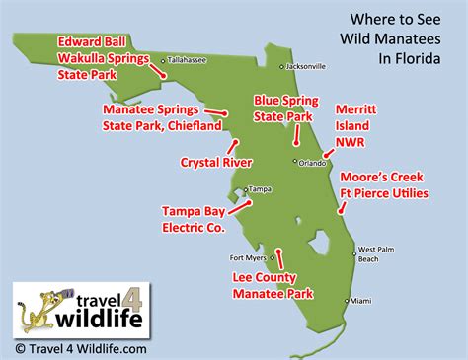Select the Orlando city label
click(x=313, y=162)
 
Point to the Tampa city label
click(x=260, y=188)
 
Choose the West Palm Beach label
click(x=376, y=253)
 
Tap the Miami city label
click(x=363, y=300)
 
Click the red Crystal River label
click(x=216, y=162)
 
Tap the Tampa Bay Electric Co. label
click(x=194, y=218)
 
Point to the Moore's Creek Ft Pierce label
click(x=384, y=185)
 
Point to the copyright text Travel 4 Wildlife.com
click(x=81, y=348)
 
